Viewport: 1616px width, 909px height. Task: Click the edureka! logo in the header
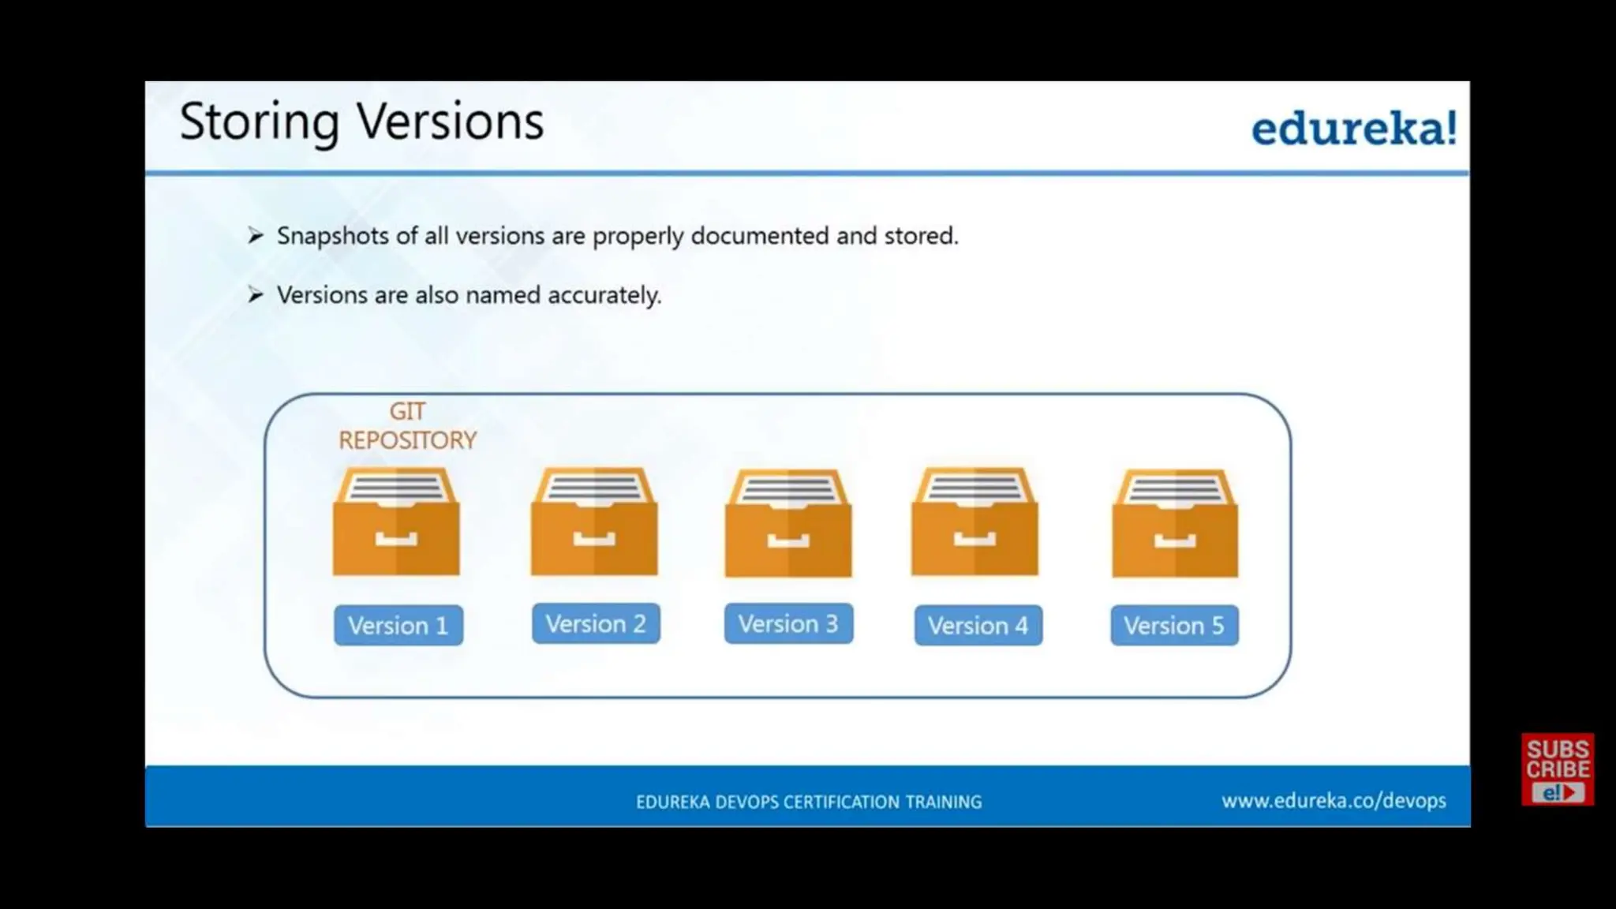click(1352, 129)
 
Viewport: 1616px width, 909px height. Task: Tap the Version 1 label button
click(398, 626)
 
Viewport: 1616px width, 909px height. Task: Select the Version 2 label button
click(596, 624)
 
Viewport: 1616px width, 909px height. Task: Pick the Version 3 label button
click(788, 624)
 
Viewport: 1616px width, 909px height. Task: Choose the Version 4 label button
click(978, 626)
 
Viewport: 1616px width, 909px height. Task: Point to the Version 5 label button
click(1174, 626)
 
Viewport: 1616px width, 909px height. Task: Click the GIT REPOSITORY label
click(407, 426)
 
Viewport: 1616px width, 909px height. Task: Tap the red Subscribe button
click(1558, 769)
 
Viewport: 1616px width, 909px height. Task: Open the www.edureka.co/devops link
click(1334, 801)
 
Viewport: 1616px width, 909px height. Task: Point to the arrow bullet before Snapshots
click(255, 235)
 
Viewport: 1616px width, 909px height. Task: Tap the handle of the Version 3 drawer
click(788, 541)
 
